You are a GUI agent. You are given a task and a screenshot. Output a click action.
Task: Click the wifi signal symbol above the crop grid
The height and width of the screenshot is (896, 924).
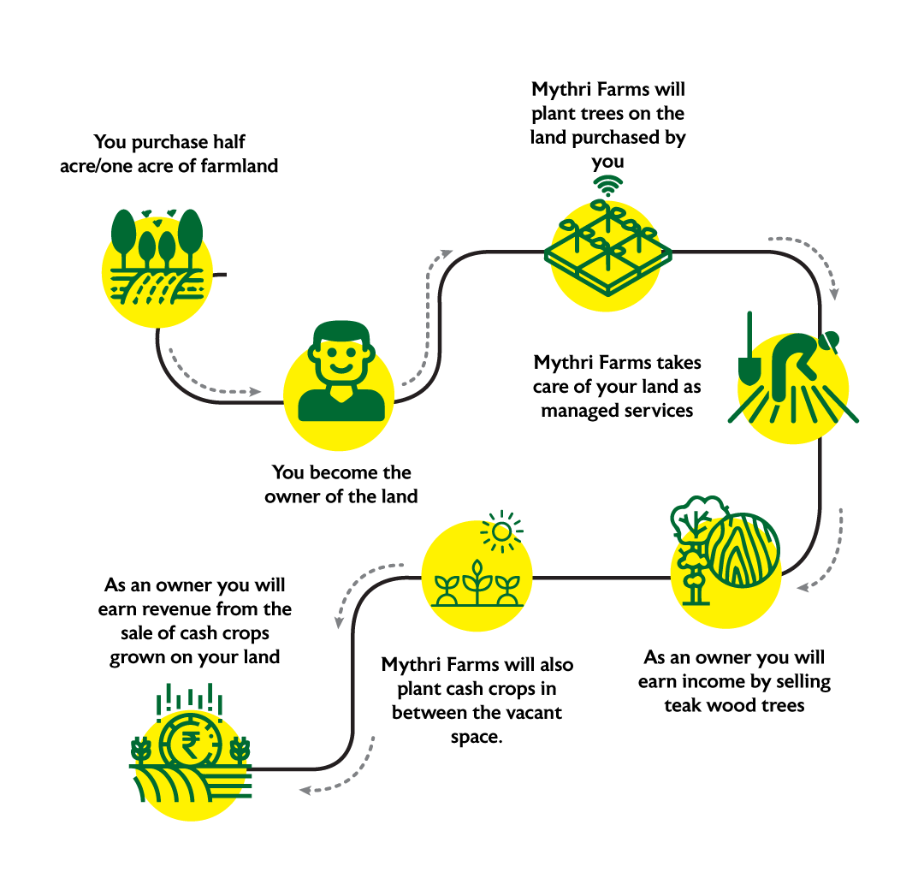(x=607, y=185)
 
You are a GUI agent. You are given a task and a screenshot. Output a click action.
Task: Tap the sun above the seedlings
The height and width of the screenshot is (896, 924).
(x=502, y=531)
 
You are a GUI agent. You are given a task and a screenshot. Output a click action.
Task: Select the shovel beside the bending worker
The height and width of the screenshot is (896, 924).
(x=749, y=359)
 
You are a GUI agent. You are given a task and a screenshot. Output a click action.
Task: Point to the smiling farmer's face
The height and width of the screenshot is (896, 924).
(x=341, y=359)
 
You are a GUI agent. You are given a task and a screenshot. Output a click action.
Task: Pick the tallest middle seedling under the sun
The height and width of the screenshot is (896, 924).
(x=477, y=582)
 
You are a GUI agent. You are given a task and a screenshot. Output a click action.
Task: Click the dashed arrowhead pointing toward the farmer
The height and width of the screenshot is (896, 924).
(x=255, y=392)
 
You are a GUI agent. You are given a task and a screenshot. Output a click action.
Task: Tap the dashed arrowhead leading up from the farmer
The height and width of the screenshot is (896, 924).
(x=447, y=252)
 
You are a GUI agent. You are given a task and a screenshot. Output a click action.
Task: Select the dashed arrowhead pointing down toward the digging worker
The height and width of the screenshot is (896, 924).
(x=833, y=294)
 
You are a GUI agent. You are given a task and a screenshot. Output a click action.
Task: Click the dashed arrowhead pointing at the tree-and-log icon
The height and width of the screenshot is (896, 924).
(x=803, y=587)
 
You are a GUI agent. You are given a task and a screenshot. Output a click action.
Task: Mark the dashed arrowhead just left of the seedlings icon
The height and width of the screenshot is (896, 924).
(x=340, y=622)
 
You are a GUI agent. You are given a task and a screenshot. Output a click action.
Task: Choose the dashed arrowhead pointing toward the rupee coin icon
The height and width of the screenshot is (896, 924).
(x=305, y=791)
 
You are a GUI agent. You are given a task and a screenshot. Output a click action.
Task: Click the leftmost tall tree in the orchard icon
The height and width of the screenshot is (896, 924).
(x=123, y=231)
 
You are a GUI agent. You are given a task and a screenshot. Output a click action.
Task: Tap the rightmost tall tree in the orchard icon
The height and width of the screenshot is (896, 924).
(x=190, y=231)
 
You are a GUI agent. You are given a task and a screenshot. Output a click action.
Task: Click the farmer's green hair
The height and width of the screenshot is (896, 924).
(x=341, y=331)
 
